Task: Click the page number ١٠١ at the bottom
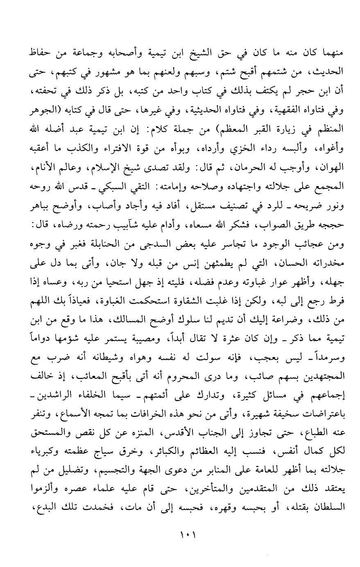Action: click(180, 535)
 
